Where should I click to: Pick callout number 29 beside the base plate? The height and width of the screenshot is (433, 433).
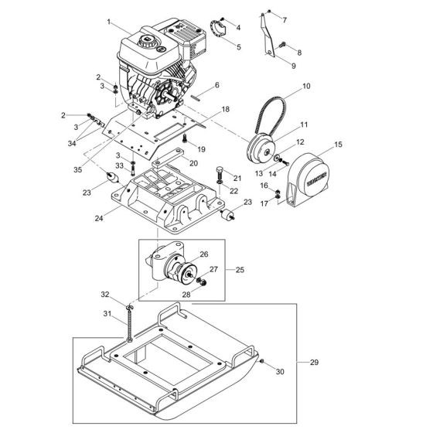pyautogui.click(x=313, y=362)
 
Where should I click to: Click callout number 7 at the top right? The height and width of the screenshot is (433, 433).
pyautogui.click(x=284, y=19)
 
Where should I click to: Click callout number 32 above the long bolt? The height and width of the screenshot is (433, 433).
pyautogui.click(x=105, y=294)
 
